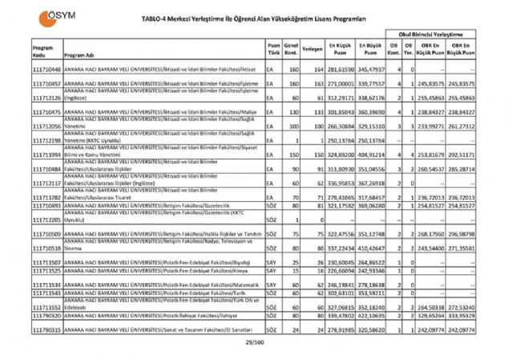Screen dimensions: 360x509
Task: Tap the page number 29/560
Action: point(254,342)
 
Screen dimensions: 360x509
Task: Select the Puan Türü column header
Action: point(273,49)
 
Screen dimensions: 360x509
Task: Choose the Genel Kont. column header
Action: point(293,49)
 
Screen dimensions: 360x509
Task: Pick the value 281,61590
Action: point(339,71)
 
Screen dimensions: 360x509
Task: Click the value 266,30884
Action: point(339,126)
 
